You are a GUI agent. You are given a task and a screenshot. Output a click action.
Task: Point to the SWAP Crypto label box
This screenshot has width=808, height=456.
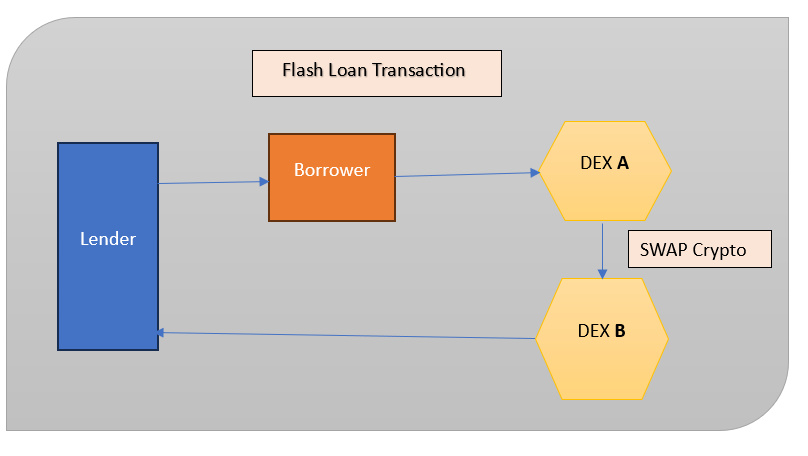(699, 250)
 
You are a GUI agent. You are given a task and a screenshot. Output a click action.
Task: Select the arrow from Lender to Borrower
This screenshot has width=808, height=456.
(213, 182)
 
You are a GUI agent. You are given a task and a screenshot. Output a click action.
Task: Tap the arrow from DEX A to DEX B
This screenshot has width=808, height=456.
(603, 250)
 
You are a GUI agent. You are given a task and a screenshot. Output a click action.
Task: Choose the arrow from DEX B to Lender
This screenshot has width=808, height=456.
(346, 336)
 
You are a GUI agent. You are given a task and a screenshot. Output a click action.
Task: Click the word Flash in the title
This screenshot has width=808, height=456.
(302, 70)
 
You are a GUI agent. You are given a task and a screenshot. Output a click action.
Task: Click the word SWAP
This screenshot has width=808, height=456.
(663, 250)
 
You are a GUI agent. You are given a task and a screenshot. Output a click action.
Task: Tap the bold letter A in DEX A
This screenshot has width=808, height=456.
(623, 163)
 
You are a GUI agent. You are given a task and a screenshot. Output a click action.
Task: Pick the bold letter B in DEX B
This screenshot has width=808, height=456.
(620, 331)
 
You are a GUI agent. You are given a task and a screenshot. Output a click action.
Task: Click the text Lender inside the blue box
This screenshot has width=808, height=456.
(107, 239)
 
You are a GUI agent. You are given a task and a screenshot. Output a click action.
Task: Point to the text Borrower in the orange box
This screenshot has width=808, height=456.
(331, 170)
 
